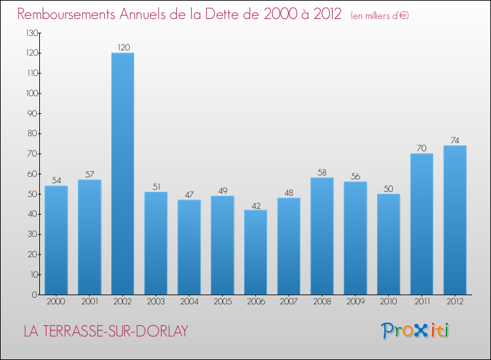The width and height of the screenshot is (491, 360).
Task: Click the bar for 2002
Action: (122, 173)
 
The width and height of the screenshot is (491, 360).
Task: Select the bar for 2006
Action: (255, 252)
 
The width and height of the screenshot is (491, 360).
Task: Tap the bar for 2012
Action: (454, 220)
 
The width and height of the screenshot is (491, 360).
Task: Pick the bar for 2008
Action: (321, 236)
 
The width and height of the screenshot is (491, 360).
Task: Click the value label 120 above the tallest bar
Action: (122, 47)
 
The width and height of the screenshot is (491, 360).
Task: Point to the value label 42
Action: (255, 205)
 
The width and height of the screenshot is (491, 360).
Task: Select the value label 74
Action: (454, 140)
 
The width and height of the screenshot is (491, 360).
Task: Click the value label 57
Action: (89, 175)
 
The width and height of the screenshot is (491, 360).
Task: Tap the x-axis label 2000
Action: (56, 302)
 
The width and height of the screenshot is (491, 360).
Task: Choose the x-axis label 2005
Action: (222, 302)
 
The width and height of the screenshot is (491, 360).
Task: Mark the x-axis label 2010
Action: (388, 302)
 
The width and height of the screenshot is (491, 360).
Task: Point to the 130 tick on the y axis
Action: (31, 33)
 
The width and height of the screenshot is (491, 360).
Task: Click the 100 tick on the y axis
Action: (31, 94)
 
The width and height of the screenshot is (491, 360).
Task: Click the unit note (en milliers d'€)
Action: (380, 15)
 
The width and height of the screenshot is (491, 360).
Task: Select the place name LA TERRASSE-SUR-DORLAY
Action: (105, 331)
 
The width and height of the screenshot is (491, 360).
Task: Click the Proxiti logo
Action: (415, 331)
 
